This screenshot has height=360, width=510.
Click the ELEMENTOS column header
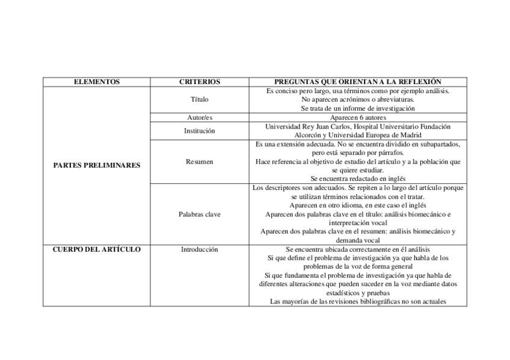coord(96,82)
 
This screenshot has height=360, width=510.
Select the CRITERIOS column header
coord(200,82)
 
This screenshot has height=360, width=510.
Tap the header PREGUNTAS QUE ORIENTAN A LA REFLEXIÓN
coord(358,82)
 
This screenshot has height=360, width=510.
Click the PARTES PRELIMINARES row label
coord(96,165)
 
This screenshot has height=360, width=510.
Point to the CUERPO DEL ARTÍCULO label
coord(96,249)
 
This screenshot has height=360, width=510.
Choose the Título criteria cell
coord(200,100)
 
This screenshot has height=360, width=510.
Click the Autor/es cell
coord(200,118)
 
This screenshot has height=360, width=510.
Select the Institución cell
coord(200,131)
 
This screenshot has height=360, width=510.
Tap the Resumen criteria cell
coord(200,162)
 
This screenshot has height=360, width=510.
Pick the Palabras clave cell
coord(200,215)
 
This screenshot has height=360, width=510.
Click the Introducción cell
coord(200,249)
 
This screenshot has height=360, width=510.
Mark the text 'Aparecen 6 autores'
coord(358,118)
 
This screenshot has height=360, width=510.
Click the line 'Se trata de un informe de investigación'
coord(358,109)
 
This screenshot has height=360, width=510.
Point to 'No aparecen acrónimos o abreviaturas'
coord(358,100)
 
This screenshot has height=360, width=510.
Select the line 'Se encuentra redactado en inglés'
coord(358,179)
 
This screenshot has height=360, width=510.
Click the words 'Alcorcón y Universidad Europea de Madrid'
coord(358,135)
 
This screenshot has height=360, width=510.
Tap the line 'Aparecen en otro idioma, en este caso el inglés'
coord(358,206)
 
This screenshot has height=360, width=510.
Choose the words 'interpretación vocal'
coord(358,223)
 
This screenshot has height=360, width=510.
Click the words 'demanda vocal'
coord(358,240)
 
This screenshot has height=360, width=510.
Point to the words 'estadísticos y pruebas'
coord(358,293)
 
